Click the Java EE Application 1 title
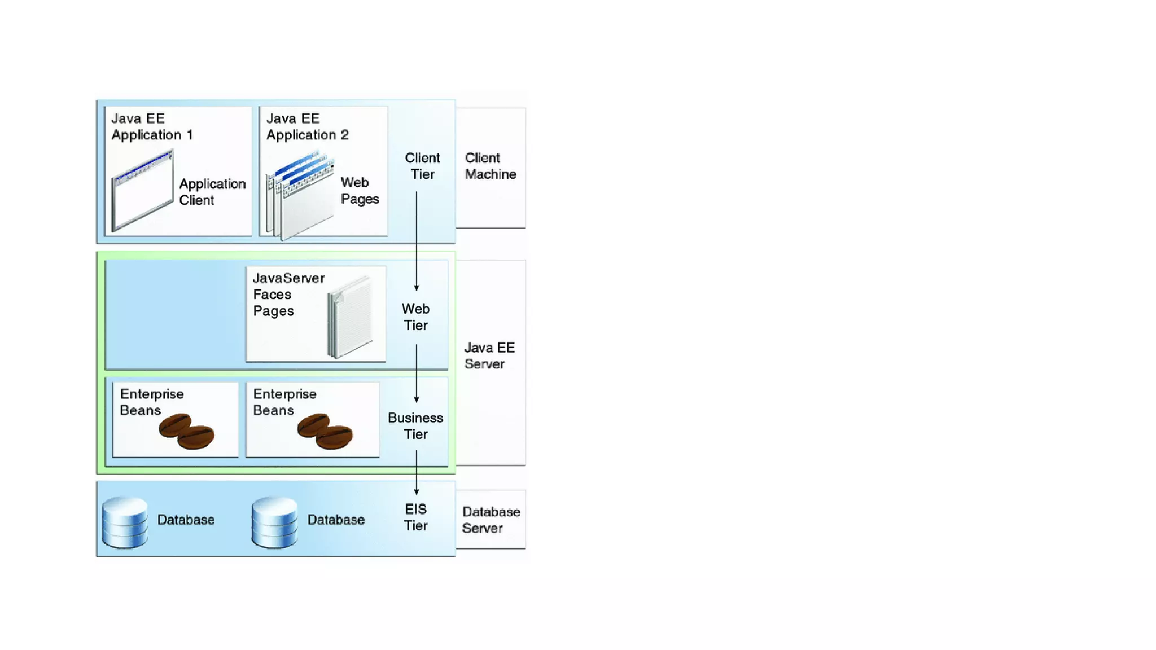click(152, 126)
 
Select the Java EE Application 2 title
click(307, 126)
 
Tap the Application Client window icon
click(142, 190)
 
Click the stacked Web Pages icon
click(300, 195)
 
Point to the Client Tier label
click(422, 166)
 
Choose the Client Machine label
click(490, 166)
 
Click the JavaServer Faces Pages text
click(288, 294)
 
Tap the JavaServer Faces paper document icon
click(351, 317)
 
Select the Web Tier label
click(415, 317)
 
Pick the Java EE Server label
click(489, 355)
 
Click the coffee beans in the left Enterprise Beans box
click(186, 431)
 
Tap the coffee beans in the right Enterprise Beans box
click(325, 431)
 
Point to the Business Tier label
click(415, 425)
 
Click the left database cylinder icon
click(125, 522)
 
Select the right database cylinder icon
click(274, 522)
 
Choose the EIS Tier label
click(415, 517)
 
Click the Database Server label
click(491, 520)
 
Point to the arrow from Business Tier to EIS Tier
click(417, 472)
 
